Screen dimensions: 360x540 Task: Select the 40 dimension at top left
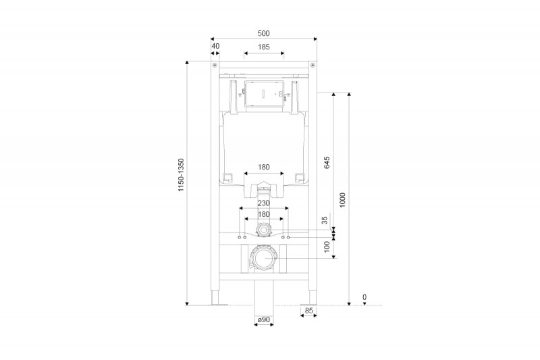[215, 47]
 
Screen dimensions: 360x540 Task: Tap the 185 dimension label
[263, 47]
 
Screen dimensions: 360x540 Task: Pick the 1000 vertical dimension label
[343, 200]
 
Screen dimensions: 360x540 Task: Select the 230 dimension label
[263, 202]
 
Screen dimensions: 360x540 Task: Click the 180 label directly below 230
[263, 214]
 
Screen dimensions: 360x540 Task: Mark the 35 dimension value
[325, 220]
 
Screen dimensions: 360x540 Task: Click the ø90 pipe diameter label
[263, 319]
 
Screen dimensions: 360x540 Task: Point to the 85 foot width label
[308, 311]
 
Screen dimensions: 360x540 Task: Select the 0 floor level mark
[364, 297]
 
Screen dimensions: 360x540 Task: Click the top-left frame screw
[215, 65]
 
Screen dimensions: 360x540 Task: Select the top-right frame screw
[313, 65]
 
